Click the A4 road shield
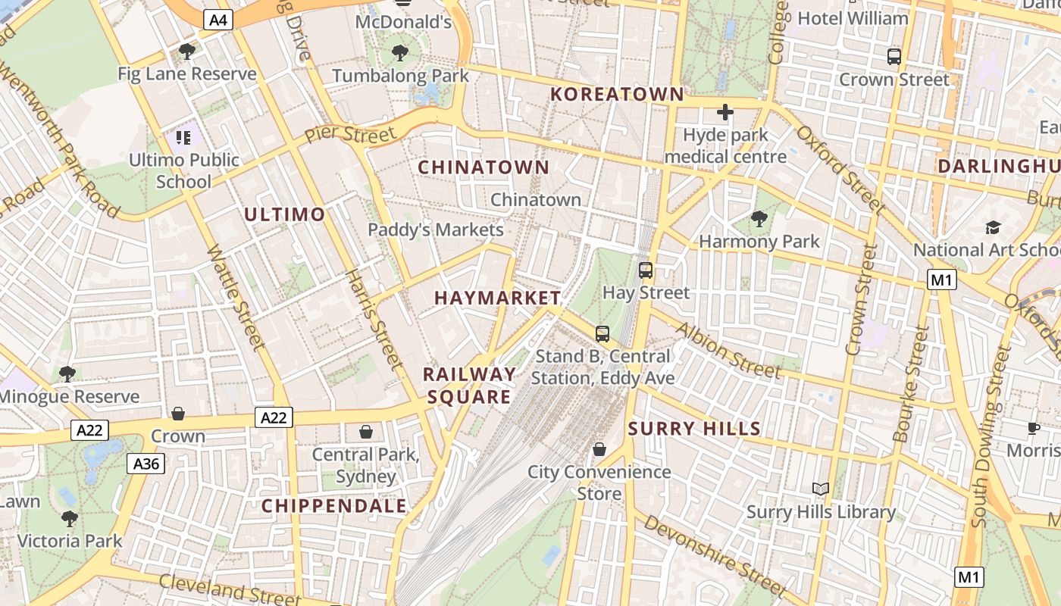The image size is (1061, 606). tap(218, 20)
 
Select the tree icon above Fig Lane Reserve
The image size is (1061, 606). tap(187, 52)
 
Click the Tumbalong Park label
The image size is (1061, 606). tap(401, 76)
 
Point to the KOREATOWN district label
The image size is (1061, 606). tap(617, 95)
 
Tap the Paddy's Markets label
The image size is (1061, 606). tap(436, 230)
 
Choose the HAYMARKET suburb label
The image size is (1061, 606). tap(497, 298)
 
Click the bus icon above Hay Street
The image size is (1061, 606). tap(646, 270)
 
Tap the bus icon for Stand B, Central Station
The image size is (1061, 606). tap(602, 333)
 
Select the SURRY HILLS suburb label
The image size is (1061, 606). tap(694, 429)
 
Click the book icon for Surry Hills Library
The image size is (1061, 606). tap(821, 489)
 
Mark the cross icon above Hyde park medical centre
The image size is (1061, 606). tap(725, 113)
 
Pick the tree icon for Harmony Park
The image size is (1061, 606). tap(759, 220)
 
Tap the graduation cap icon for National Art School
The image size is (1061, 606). tap(993, 227)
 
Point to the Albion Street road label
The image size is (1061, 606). tap(727, 350)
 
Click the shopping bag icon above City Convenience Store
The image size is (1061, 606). tap(599, 449)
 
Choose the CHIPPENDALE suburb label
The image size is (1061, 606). tap(334, 506)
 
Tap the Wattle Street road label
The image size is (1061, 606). tap(236, 297)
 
